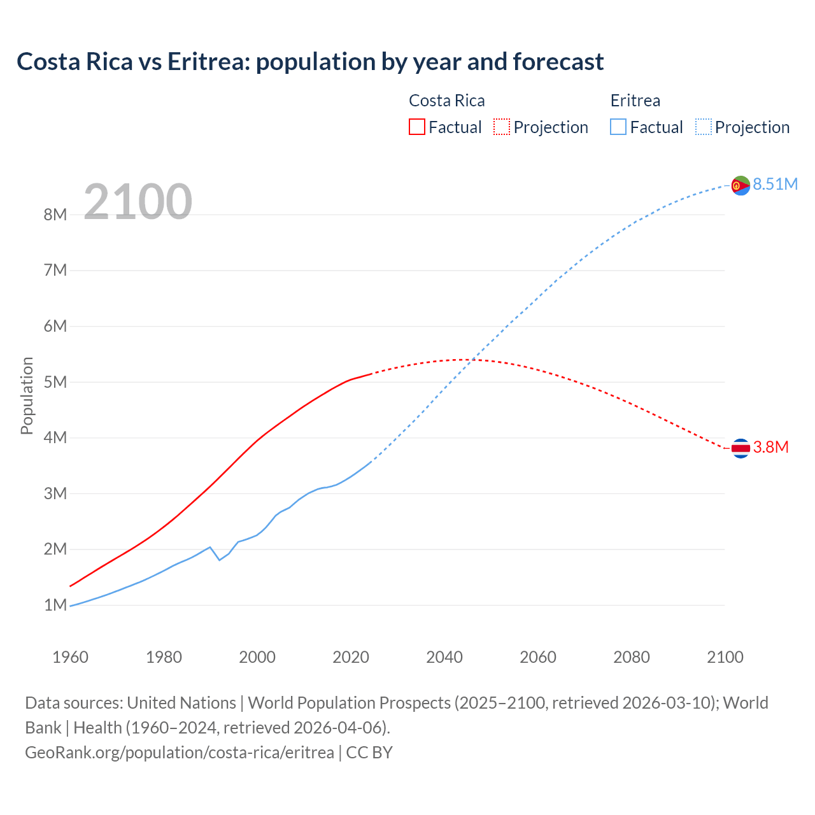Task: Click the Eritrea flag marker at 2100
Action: click(741, 185)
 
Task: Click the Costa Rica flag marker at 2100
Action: click(741, 448)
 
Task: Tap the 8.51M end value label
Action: click(775, 184)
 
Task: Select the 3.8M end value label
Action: click(770, 448)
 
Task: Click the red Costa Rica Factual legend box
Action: click(416, 127)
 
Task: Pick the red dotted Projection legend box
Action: click(501, 127)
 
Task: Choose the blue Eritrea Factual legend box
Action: click(618, 127)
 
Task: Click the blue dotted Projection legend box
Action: click(703, 127)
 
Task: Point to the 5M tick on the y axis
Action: click(55, 382)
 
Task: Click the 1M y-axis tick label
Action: click(55, 605)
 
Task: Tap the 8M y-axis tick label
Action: click(55, 215)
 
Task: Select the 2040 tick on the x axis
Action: click(444, 657)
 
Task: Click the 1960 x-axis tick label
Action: click(70, 657)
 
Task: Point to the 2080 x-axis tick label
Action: click(632, 657)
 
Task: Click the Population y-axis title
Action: click(27, 395)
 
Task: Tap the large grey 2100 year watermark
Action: click(138, 202)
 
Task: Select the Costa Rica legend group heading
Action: click(446, 101)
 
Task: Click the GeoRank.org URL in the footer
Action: click(180, 752)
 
